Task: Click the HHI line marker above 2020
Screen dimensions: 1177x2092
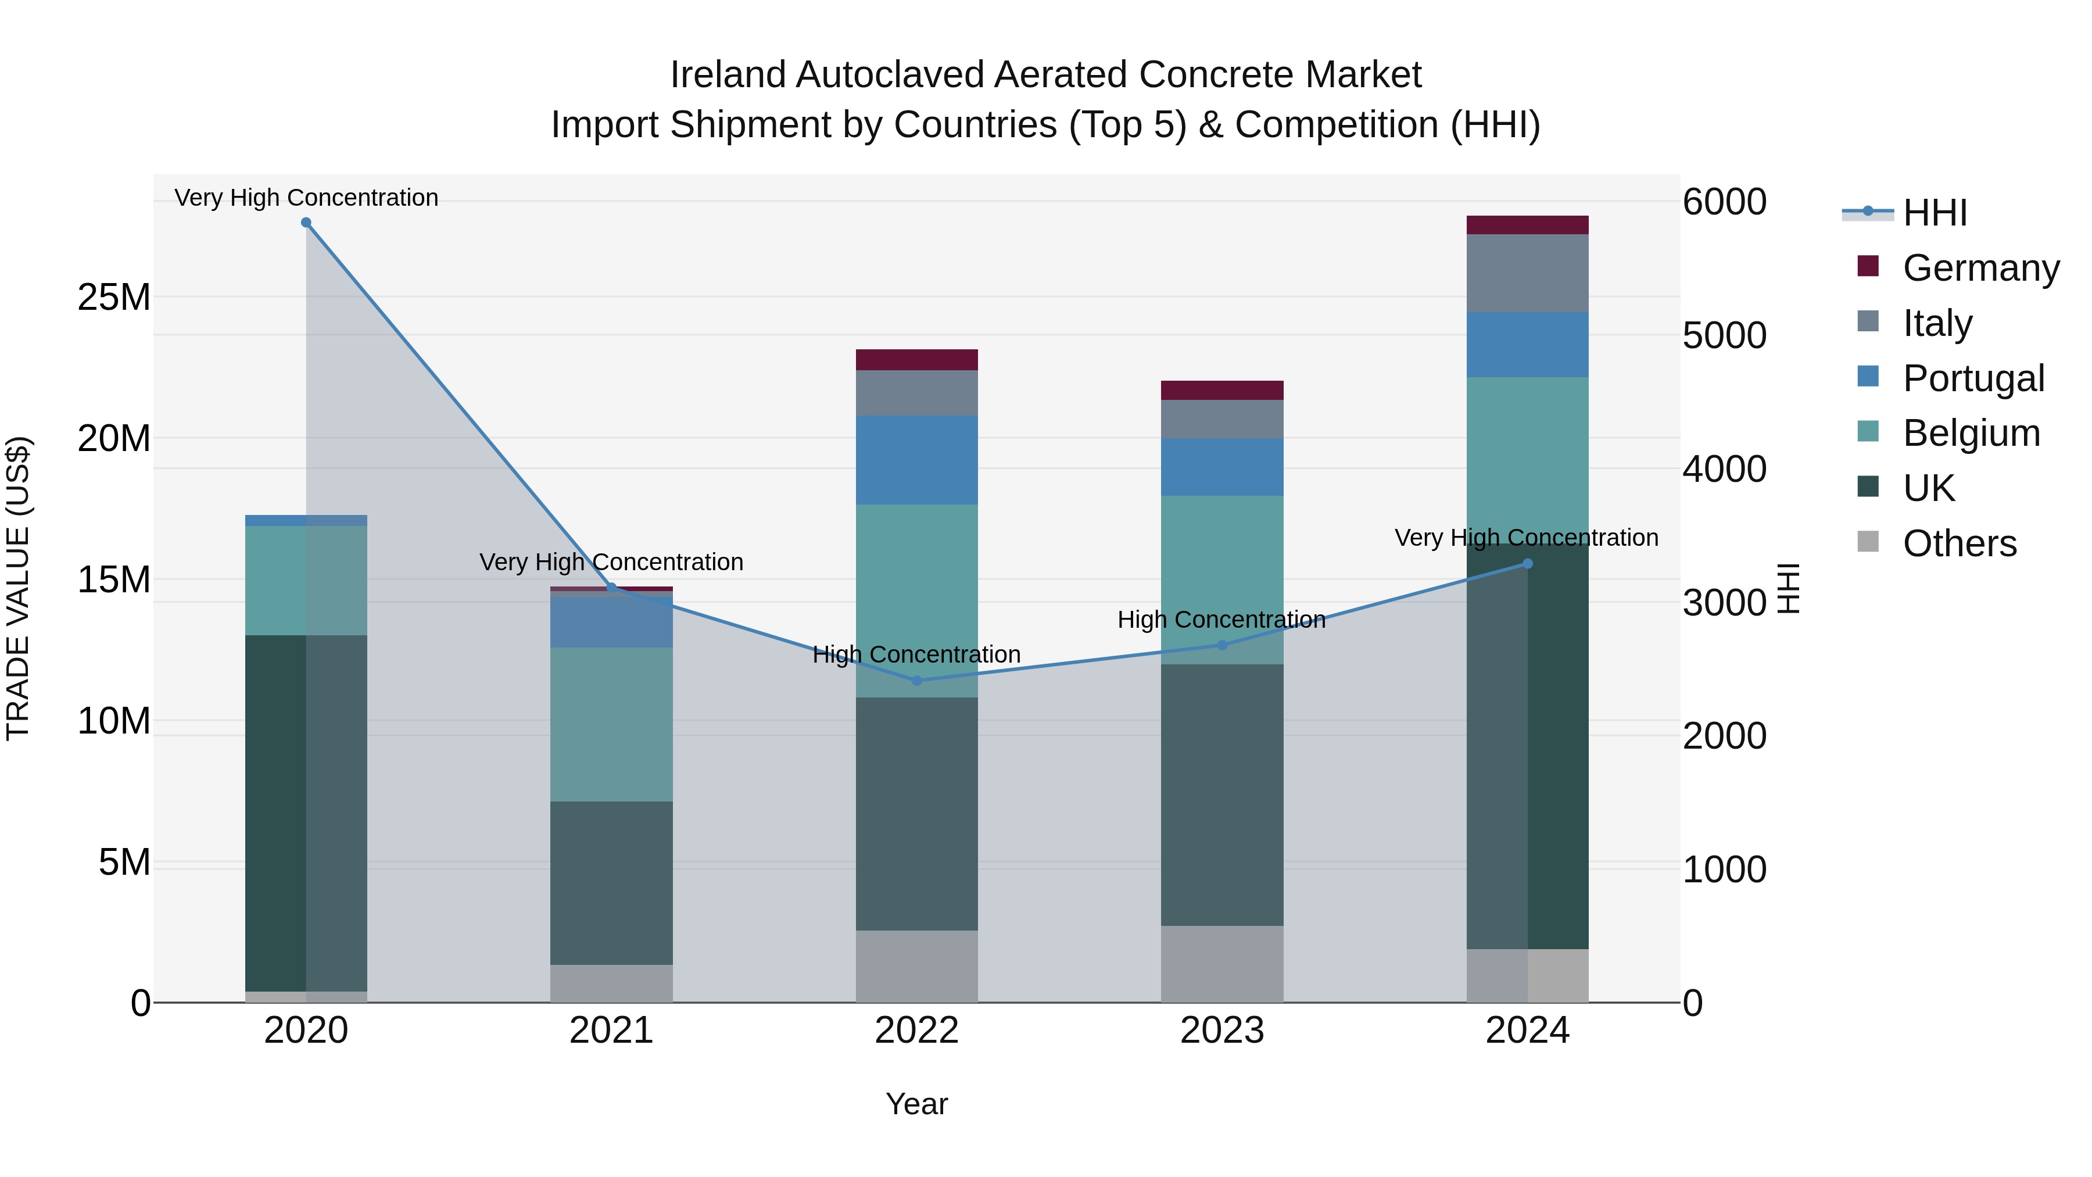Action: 306,223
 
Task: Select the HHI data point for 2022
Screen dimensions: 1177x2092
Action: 917,681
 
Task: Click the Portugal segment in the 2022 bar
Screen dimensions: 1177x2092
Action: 917,460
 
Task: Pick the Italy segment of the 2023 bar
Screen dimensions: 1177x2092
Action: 1221,419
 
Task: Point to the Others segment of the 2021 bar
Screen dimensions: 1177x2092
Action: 611,983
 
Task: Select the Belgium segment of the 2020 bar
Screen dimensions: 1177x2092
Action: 306,580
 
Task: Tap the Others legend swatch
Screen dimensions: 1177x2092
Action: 1868,542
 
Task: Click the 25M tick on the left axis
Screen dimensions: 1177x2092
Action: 114,297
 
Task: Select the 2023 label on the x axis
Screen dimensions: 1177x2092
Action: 1221,1031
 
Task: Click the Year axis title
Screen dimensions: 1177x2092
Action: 917,1104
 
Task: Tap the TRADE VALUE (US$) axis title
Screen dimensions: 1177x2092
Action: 18,588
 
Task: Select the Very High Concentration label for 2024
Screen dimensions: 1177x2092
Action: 1526,538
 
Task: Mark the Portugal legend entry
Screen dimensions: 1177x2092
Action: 1973,378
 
